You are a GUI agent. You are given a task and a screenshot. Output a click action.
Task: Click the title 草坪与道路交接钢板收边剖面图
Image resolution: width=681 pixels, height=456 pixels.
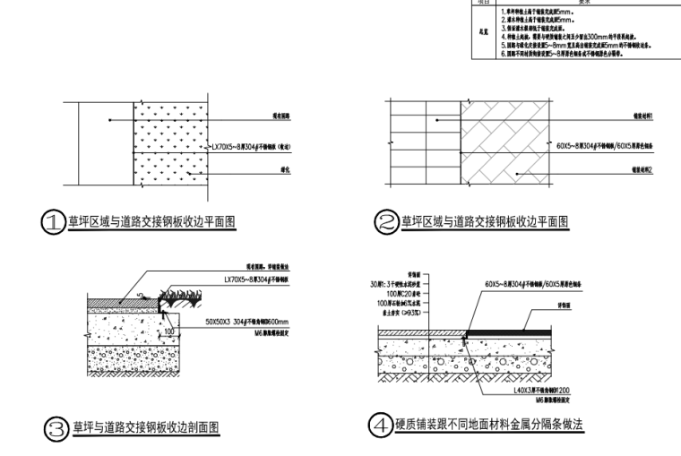146,425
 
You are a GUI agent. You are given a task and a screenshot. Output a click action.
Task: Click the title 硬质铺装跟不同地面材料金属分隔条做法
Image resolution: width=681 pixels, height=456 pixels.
489,424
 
